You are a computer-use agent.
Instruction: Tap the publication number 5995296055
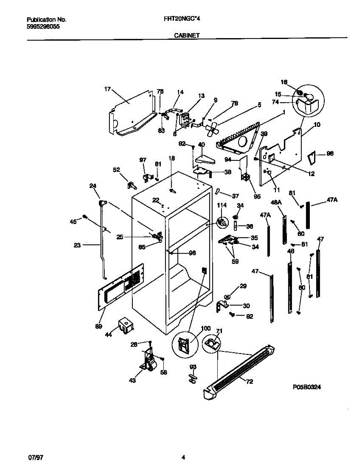coord(44,27)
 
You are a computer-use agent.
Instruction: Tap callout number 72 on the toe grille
coord(249,382)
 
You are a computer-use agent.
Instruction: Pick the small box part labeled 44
coord(125,325)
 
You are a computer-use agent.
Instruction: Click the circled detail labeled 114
coord(222,222)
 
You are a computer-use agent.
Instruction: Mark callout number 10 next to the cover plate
coord(317,125)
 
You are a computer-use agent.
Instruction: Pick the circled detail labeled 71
coord(211,344)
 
